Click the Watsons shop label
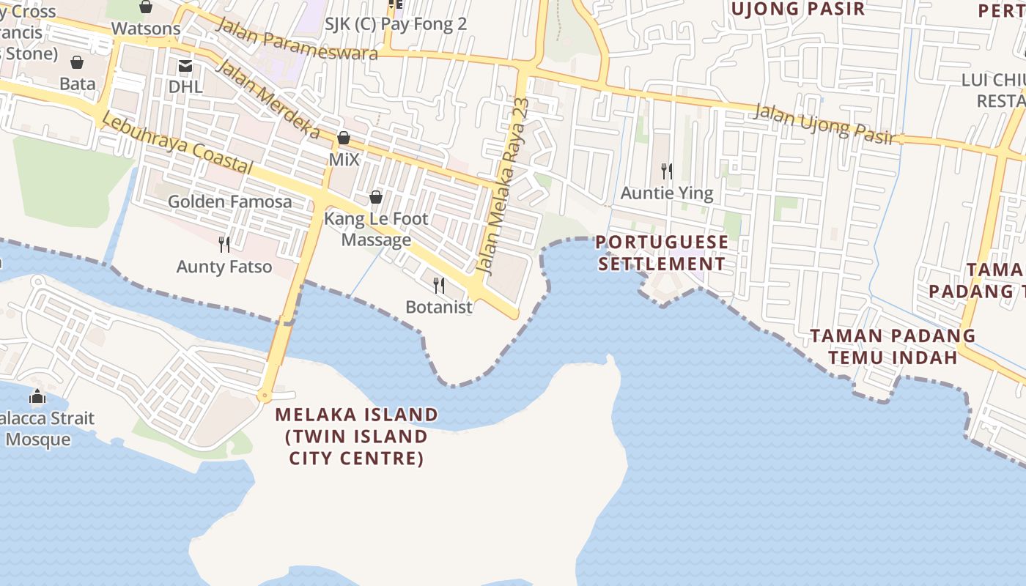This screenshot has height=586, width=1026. pyautogui.click(x=146, y=29)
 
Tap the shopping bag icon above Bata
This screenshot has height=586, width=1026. pyautogui.click(x=77, y=62)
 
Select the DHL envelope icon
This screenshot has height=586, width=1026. pyautogui.click(x=185, y=67)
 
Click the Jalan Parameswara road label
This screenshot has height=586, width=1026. pyautogui.click(x=297, y=38)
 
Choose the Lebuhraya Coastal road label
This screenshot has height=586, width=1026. pyautogui.click(x=177, y=143)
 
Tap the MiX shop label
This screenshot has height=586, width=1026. pyautogui.click(x=344, y=159)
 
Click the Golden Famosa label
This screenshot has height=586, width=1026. pyautogui.click(x=229, y=201)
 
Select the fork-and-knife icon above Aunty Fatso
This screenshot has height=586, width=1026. pyautogui.click(x=224, y=244)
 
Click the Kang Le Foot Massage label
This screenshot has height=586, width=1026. pyautogui.click(x=376, y=229)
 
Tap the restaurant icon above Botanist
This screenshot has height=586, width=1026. pyautogui.click(x=439, y=285)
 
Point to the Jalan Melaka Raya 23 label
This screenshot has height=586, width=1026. pyautogui.click(x=502, y=186)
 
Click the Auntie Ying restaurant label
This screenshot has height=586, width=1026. pyautogui.click(x=666, y=193)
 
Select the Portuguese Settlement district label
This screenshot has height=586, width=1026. pyautogui.click(x=663, y=253)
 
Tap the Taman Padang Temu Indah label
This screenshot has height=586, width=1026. pyautogui.click(x=892, y=346)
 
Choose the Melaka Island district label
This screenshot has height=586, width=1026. pyautogui.click(x=357, y=437)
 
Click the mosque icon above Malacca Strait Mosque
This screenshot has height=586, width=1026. pyautogui.click(x=37, y=397)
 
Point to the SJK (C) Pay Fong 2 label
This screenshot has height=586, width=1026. pyautogui.click(x=395, y=24)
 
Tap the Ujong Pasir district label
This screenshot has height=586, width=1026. pyautogui.click(x=797, y=9)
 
